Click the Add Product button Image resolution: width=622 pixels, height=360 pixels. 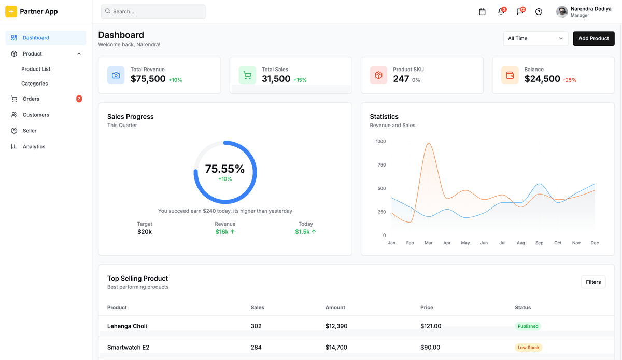tap(593, 38)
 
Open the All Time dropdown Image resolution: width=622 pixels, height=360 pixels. tap(535, 38)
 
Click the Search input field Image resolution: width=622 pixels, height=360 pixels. tap(153, 11)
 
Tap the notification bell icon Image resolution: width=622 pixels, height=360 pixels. tap(501, 11)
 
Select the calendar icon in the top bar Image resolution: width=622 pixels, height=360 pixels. tap(482, 11)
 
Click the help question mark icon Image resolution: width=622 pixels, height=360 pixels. tap(539, 11)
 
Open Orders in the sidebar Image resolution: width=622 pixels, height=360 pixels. tap(31, 99)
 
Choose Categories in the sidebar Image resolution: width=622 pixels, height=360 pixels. tap(35, 84)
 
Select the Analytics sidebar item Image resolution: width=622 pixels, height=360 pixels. tap(34, 147)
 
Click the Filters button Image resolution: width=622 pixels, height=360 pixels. tap(593, 282)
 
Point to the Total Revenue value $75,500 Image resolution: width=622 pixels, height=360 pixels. tap(148, 79)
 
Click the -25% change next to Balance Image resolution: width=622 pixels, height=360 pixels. tap(570, 80)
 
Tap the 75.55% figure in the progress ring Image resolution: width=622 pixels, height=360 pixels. tap(224, 169)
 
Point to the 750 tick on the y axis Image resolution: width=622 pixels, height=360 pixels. tap(381, 165)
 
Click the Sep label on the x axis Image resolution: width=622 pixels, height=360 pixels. tap(539, 243)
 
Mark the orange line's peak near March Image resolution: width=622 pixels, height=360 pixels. tap(429, 143)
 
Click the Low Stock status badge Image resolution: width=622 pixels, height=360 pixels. tap(528, 348)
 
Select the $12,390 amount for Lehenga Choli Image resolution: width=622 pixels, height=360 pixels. tap(336, 326)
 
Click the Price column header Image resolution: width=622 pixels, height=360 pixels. tap(427, 307)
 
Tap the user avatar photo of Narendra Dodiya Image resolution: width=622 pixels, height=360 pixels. tap(562, 11)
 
